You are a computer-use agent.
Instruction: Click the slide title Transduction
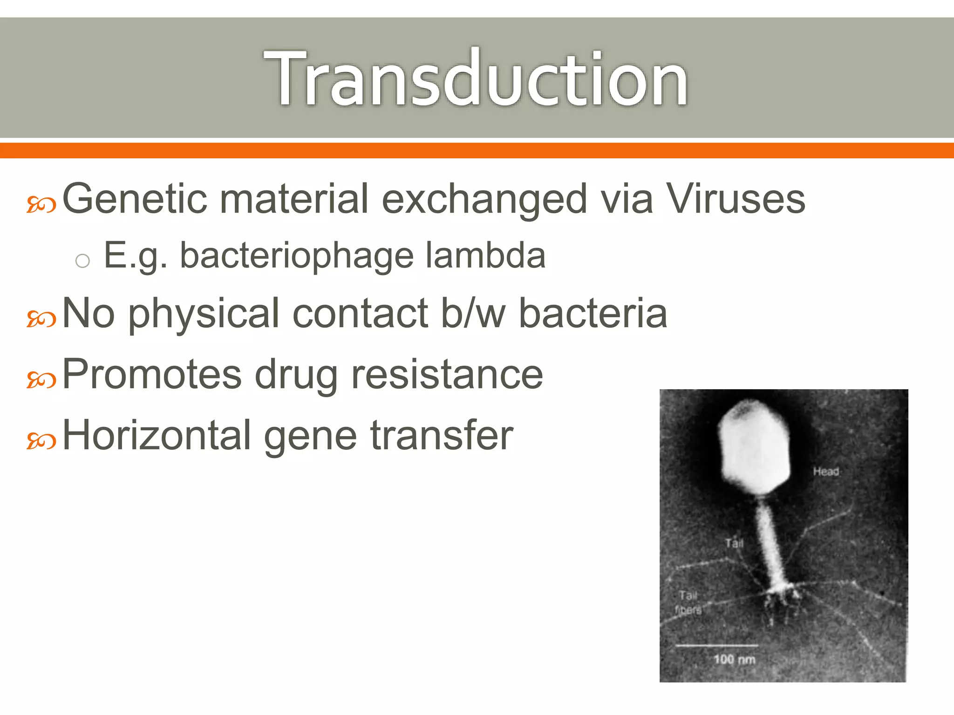476,78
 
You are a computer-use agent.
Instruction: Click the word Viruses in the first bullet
736,199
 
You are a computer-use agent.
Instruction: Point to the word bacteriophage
297,256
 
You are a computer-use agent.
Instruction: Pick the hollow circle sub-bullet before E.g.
82,261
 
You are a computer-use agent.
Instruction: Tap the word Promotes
152,375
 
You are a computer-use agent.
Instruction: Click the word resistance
447,375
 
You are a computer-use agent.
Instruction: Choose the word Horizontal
157,435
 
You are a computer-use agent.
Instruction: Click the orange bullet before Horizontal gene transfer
41,441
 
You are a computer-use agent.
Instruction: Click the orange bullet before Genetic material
41,204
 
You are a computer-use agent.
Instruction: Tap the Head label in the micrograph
826,472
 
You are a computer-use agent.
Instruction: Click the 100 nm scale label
734,659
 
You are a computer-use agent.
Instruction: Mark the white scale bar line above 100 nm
716,646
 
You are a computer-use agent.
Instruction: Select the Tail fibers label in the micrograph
688,602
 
